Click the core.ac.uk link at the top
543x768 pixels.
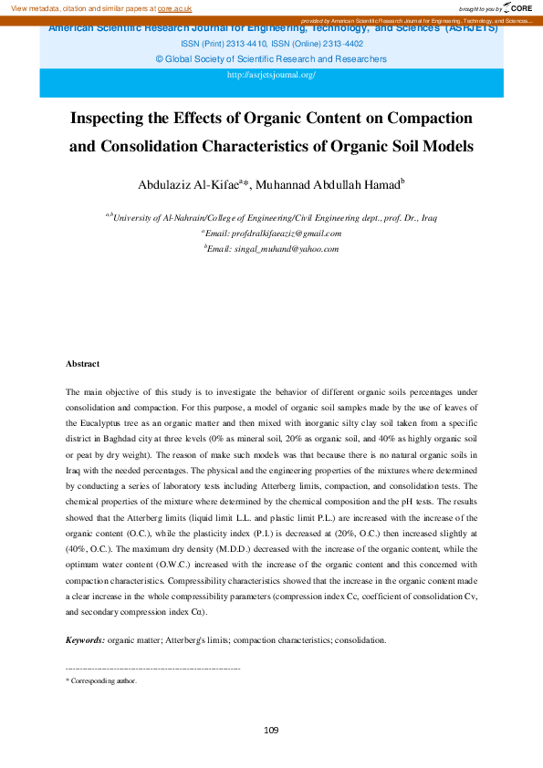click(x=174, y=7)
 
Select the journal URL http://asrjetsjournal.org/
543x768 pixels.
click(x=271, y=75)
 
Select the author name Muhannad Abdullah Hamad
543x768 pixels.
click(x=328, y=185)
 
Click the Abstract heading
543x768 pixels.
click(x=82, y=364)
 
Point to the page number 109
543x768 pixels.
click(x=271, y=730)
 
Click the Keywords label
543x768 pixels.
click(x=85, y=640)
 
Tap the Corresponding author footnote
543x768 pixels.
click(x=103, y=680)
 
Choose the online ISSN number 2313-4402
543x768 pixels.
click(x=341, y=43)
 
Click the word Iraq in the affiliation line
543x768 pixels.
click(x=428, y=217)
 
